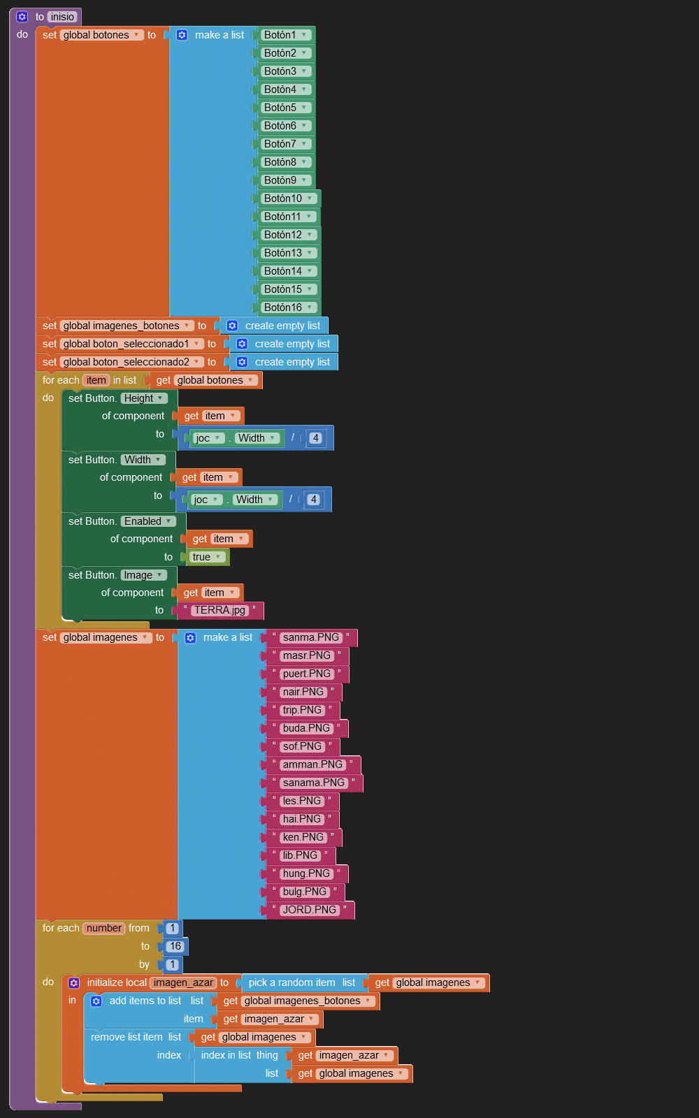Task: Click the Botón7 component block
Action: coord(280,144)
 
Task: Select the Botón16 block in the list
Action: coord(283,307)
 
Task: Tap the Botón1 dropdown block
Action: coord(280,35)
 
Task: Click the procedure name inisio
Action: coord(62,17)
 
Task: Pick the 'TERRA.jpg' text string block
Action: coord(219,610)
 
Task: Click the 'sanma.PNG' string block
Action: coord(310,637)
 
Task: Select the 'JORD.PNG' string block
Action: coord(309,910)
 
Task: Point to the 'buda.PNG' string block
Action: coord(306,728)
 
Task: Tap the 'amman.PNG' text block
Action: coord(312,764)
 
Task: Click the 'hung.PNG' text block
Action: coord(306,873)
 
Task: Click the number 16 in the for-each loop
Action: coord(175,946)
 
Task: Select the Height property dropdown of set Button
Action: coord(144,398)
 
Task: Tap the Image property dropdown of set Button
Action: coord(143,575)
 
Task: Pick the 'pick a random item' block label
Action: coord(291,982)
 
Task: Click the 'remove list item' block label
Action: coord(127,1037)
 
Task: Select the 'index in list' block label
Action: coord(226,1055)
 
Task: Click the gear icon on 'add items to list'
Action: coord(96,1001)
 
